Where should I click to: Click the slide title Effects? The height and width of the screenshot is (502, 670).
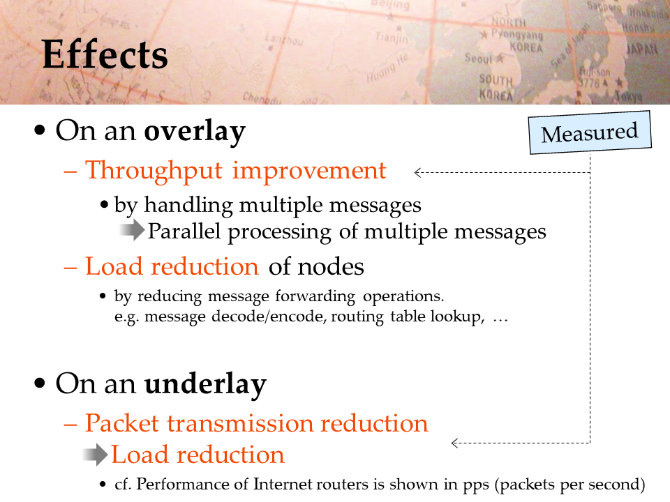pyautogui.click(x=105, y=54)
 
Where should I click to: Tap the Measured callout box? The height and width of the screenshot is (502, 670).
pyautogui.click(x=590, y=132)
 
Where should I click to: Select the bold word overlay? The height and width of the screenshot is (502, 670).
pyautogui.click(x=195, y=132)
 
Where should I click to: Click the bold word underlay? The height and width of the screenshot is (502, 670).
pyautogui.click(x=205, y=384)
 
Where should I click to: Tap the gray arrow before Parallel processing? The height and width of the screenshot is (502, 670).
pyautogui.click(x=132, y=230)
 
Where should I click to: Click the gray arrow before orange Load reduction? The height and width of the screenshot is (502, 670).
pyautogui.click(x=95, y=455)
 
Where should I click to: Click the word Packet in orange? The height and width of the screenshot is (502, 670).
pyautogui.click(x=122, y=423)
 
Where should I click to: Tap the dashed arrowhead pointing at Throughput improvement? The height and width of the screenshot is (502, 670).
pyautogui.click(x=417, y=172)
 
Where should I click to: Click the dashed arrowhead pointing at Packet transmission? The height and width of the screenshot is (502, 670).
pyautogui.click(x=454, y=443)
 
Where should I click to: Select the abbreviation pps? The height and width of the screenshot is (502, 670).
pyautogui.click(x=476, y=485)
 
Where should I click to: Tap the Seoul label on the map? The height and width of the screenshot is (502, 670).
pyautogui.click(x=479, y=59)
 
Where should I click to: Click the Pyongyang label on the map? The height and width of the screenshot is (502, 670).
pyautogui.click(x=517, y=34)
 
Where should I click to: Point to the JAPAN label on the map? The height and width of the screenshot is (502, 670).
pyautogui.click(x=642, y=49)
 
